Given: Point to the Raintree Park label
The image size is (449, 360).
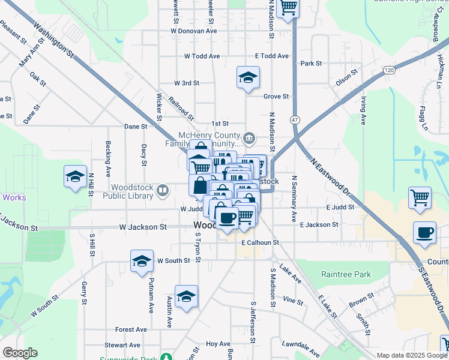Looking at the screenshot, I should (346, 274).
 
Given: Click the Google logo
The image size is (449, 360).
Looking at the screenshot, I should (20, 353).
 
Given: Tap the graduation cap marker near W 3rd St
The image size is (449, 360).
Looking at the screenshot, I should (248, 77).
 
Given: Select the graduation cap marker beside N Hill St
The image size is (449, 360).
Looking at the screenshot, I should (76, 177).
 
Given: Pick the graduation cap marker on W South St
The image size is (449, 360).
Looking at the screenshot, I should (142, 261).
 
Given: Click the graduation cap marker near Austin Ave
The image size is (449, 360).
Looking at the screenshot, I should (187, 296).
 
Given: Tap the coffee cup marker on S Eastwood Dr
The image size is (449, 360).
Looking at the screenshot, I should (425, 233).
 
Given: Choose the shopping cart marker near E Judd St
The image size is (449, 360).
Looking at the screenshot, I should (420, 197).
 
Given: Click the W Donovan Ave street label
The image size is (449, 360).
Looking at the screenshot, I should (193, 30).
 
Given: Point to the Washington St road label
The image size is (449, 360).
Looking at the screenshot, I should (54, 41).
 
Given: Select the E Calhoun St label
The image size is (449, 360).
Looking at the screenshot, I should (261, 242).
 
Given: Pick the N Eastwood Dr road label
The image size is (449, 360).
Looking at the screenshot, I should (330, 176).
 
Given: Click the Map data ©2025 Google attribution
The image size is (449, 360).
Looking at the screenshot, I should (412, 355).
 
